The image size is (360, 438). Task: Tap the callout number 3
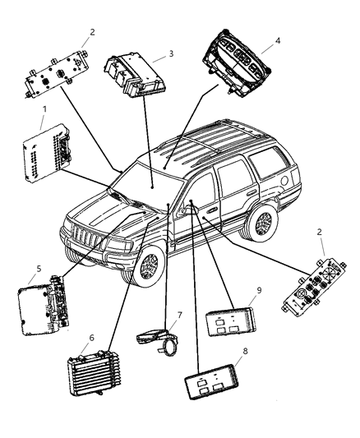tap(170, 53)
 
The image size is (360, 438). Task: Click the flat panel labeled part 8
tap(210, 383)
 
